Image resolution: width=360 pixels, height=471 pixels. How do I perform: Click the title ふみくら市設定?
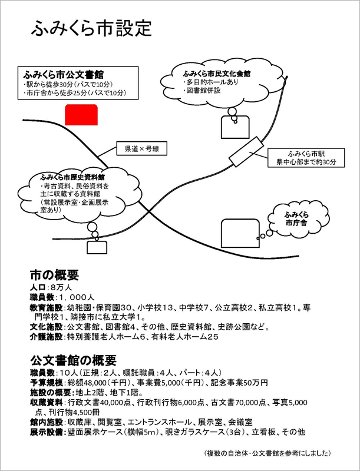[91, 28]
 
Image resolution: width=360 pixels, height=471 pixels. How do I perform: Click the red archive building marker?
[81, 115]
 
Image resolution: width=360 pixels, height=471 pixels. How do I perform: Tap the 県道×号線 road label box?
[142, 149]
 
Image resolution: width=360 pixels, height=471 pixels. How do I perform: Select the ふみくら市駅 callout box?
[306, 158]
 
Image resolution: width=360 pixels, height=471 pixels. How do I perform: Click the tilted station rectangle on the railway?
[246, 151]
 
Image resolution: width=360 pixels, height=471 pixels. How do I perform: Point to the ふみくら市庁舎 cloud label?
[296, 218]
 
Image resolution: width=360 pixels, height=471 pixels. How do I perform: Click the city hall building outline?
[240, 233]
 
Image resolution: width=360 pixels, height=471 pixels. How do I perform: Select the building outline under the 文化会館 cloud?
[235, 127]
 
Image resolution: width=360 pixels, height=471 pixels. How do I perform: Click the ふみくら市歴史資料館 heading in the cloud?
[72, 178]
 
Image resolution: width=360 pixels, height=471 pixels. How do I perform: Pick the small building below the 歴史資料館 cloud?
[97, 247]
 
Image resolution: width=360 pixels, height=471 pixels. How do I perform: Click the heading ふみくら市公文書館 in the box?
[64, 75]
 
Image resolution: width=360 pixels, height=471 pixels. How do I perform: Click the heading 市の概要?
[54, 275]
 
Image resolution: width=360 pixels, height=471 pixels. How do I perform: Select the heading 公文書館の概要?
[73, 360]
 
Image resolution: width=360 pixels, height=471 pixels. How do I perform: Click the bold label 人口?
[38, 287]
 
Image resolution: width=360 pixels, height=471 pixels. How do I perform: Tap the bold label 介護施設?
[47, 337]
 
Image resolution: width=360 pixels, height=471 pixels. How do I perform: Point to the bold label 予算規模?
[47, 383]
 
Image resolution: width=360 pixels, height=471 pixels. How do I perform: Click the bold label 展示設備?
[47, 432]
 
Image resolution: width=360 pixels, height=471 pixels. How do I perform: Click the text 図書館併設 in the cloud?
[202, 90]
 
